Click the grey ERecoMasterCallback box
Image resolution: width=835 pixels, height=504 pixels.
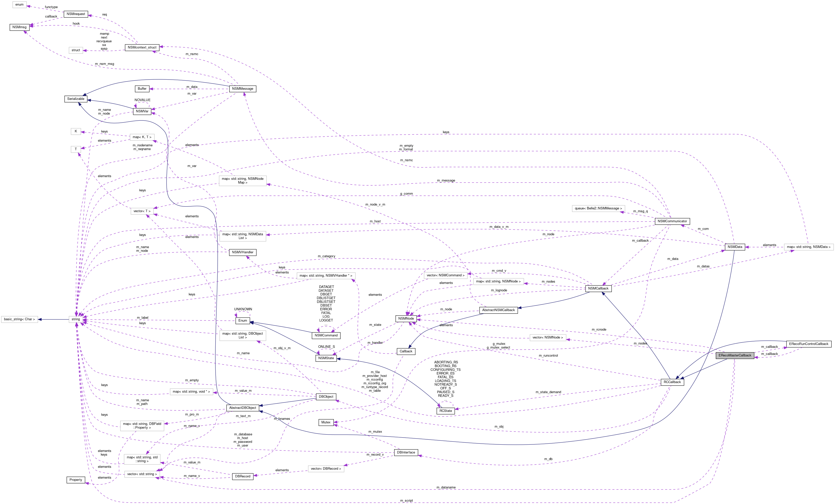(x=735, y=355)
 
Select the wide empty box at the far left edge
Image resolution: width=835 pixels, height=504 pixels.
(x=19, y=319)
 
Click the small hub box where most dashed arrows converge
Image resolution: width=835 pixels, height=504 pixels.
(x=76, y=319)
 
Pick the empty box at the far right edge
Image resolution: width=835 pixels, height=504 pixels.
(x=809, y=247)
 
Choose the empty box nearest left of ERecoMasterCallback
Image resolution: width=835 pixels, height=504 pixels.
(x=548, y=338)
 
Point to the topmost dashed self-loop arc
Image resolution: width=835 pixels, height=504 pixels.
(x=142, y=103)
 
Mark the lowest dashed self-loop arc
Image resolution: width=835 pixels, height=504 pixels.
(x=446, y=403)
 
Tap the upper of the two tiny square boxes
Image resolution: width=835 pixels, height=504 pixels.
(x=76, y=131)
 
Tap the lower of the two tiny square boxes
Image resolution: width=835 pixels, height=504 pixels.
(x=76, y=149)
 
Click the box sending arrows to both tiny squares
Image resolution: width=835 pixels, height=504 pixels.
(x=142, y=137)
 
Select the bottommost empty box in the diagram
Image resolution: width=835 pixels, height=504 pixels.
(x=142, y=474)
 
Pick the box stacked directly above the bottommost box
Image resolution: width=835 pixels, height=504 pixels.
(x=142, y=459)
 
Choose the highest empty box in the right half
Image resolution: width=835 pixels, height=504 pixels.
(x=598, y=209)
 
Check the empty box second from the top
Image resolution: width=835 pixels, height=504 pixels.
(x=76, y=50)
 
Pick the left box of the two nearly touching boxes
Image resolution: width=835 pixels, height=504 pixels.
(x=445, y=275)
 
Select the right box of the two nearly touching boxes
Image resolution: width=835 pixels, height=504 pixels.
(x=498, y=281)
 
